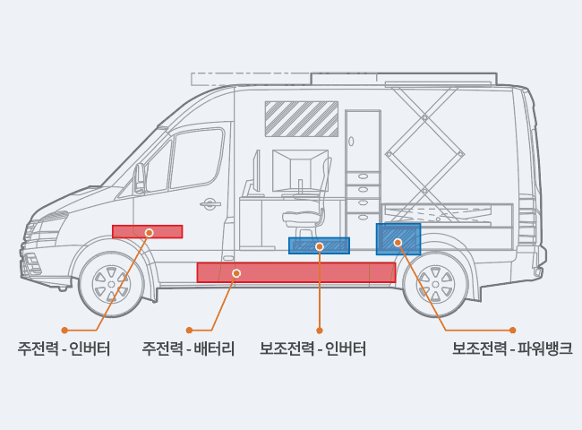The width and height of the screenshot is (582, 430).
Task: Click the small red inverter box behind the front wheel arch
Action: [x=147, y=231]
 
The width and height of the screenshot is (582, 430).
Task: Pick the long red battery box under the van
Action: [x=295, y=272]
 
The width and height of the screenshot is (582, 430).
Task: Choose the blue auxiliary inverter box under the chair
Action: [x=319, y=245]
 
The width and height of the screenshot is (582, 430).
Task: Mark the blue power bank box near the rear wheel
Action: [x=398, y=240]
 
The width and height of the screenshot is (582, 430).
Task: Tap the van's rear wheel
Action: [x=435, y=283]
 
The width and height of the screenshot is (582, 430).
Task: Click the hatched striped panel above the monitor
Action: [x=301, y=118]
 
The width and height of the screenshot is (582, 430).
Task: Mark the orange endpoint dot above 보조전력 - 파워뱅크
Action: [x=512, y=331]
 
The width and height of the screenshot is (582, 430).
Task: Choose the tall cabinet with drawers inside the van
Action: [x=363, y=170]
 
